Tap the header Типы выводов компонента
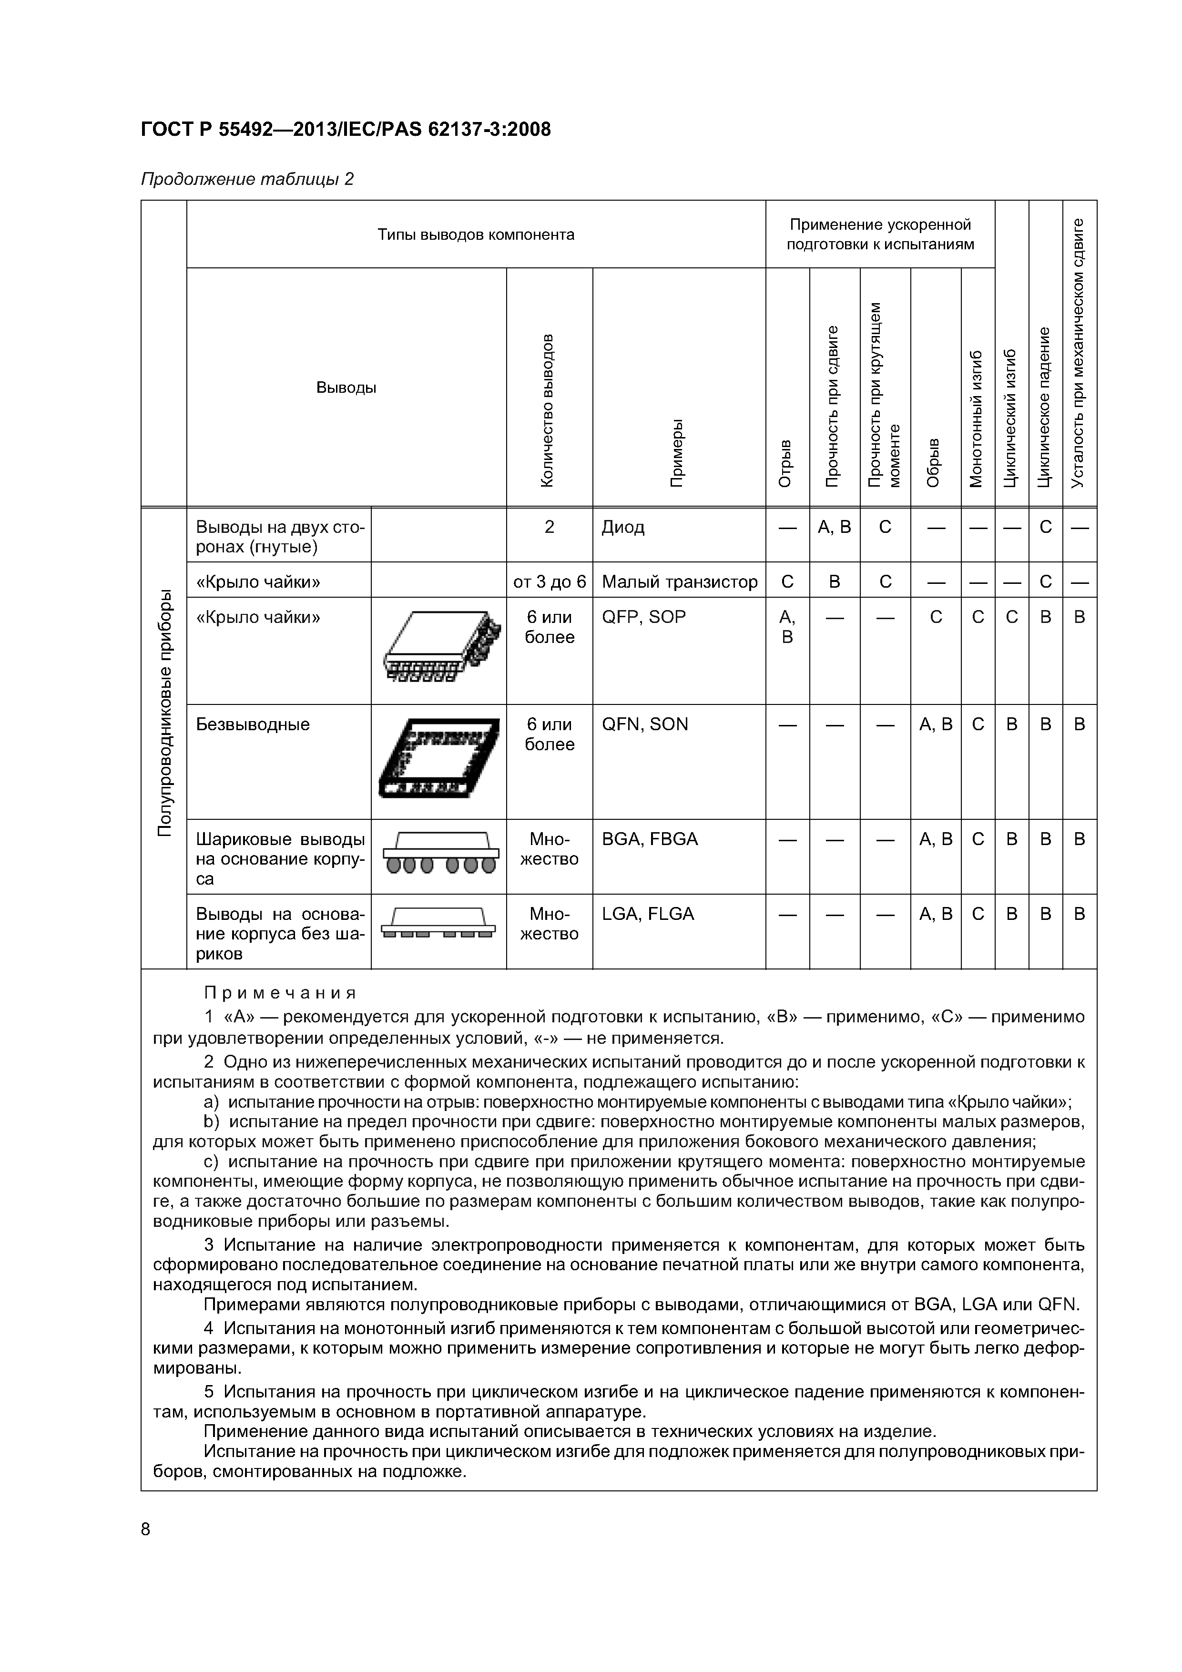(476, 234)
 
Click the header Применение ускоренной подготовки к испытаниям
(880, 234)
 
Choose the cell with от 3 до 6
(549, 582)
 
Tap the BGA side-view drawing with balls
(439, 853)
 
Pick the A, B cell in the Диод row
(834, 527)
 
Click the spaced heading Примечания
(280, 993)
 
